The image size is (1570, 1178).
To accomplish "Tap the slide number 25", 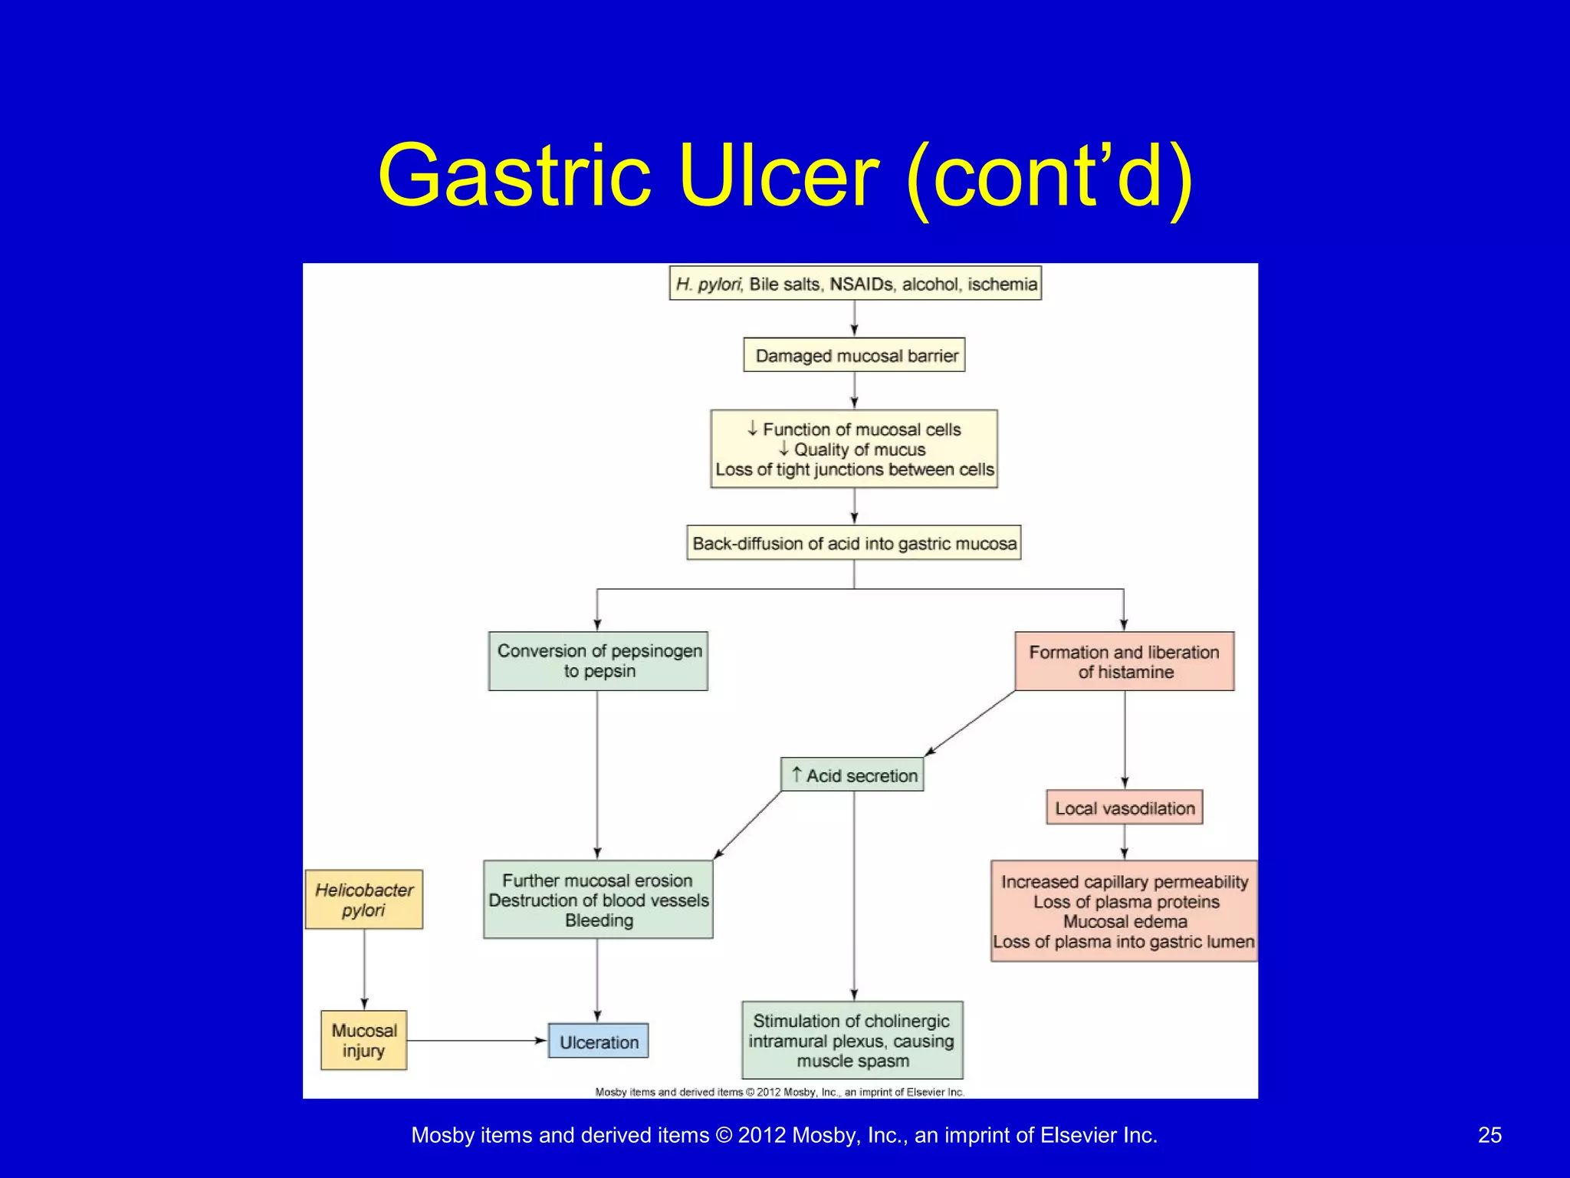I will (1490, 1135).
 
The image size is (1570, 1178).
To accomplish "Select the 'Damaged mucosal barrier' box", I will (854, 356).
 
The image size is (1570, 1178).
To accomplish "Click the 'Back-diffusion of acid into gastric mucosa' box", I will (854, 543).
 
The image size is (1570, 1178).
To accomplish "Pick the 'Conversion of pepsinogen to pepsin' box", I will (598, 661).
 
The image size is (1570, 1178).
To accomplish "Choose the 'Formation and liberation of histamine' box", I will (1124, 661).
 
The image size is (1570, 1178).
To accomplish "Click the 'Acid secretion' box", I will (852, 775).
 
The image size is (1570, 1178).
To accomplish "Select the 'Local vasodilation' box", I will (1124, 808).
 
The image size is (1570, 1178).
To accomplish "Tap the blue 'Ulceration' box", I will (598, 1041).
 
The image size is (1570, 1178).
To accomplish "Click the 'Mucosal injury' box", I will (363, 1041).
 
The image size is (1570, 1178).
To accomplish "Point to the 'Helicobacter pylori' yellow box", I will (363, 900).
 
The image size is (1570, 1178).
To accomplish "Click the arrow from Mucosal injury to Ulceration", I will (475, 1041).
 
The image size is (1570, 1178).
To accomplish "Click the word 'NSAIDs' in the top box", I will (862, 285).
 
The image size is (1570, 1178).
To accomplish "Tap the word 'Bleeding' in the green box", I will (599, 920).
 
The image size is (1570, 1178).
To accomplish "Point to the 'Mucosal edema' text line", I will (1125, 922).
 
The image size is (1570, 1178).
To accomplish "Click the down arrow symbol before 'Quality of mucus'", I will (783, 449).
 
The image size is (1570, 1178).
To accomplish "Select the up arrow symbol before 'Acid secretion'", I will (796, 775).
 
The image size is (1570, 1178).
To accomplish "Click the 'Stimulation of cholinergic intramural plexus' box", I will (852, 1041).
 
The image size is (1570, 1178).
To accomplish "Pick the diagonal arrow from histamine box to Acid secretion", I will (971, 723).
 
